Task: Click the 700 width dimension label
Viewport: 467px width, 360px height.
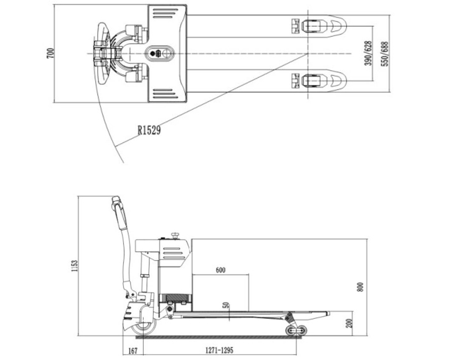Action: tap(50, 54)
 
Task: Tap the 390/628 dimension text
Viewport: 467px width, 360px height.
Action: tap(368, 54)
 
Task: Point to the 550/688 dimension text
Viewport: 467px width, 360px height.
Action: tap(385, 54)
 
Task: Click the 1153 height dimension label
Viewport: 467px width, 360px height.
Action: tap(75, 267)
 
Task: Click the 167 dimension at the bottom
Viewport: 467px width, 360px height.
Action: tap(131, 351)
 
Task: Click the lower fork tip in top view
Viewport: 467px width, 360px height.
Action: tap(336, 80)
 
